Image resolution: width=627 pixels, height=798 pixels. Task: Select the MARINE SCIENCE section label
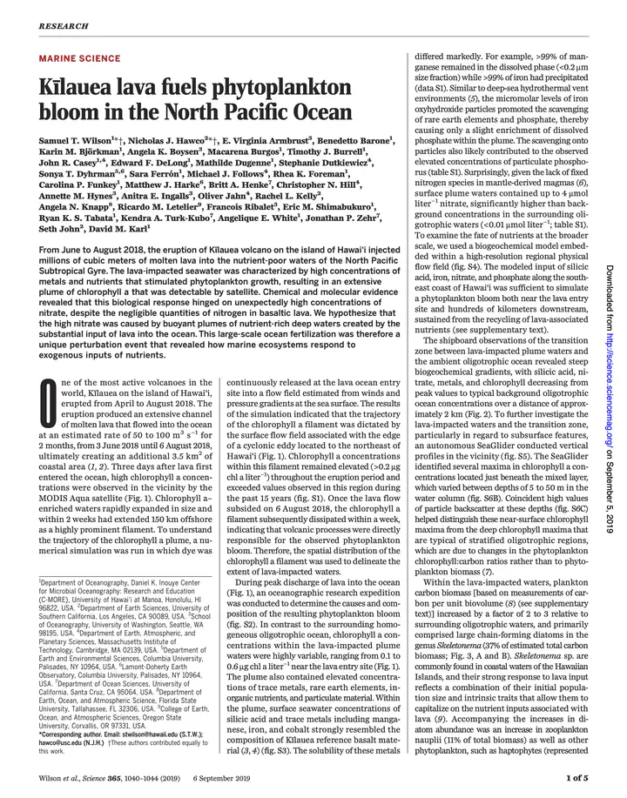pos(80,58)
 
